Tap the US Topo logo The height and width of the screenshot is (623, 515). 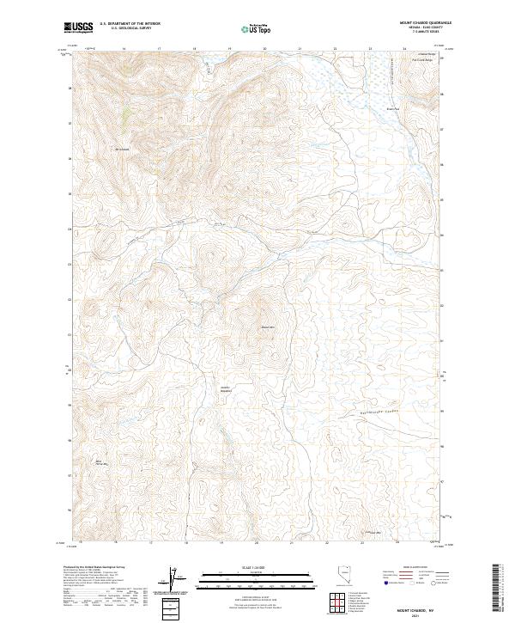click(x=251, y=28)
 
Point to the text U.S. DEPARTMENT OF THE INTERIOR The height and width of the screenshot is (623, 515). click(x=130, y=24)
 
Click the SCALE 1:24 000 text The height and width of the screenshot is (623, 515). click(x=256, y=568)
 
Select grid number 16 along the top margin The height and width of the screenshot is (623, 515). click(x=124, y=49)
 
